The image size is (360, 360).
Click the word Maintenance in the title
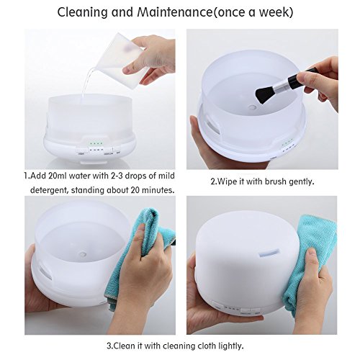tap(175, 12)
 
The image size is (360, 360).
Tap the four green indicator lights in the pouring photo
tap(96, 144)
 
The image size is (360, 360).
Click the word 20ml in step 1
tap(58, 176)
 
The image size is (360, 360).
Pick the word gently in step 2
tap(302, 182)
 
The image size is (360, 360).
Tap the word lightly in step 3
tap(231, 346)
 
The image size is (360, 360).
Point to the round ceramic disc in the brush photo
tap(252, 107)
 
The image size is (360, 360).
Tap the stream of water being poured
tap(87, 81)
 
